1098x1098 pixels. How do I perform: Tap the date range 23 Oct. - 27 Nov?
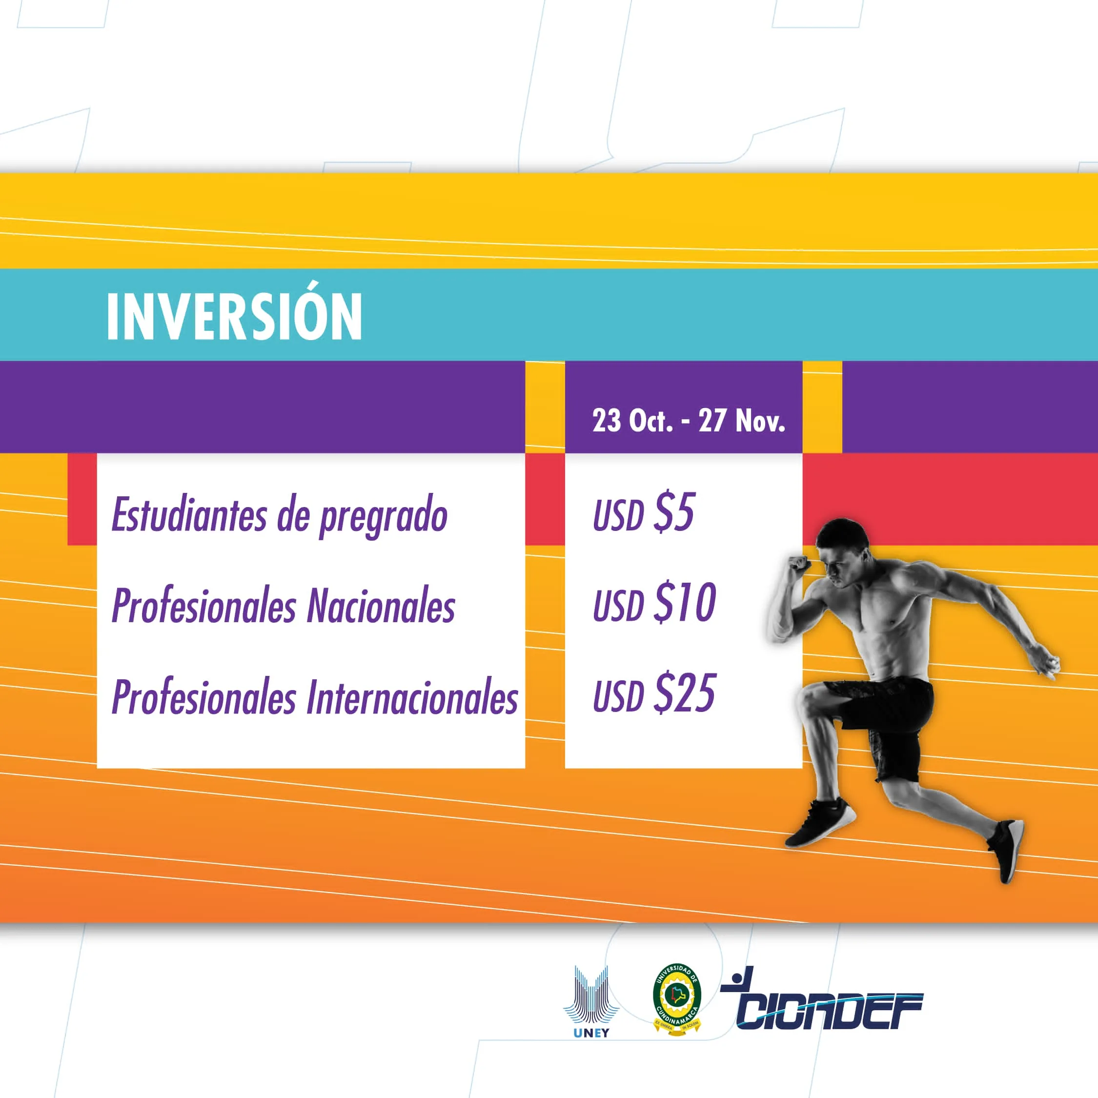pyautogui.click(x=688, y=421)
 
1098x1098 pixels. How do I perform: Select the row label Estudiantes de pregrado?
pyautogui.click(x=280, y=515)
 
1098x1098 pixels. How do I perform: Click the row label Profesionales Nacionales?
pyautogui.click(x=283, y=606)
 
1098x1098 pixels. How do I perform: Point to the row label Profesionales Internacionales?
pyautogui.click(x=315, y=697)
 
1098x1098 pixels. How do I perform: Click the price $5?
pyautogui.click(x=674, y=512)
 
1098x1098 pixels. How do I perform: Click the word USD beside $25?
pyautogui.click(x=618, y=696)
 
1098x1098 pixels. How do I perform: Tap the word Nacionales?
pyautogui.click(x=381, y=606)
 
